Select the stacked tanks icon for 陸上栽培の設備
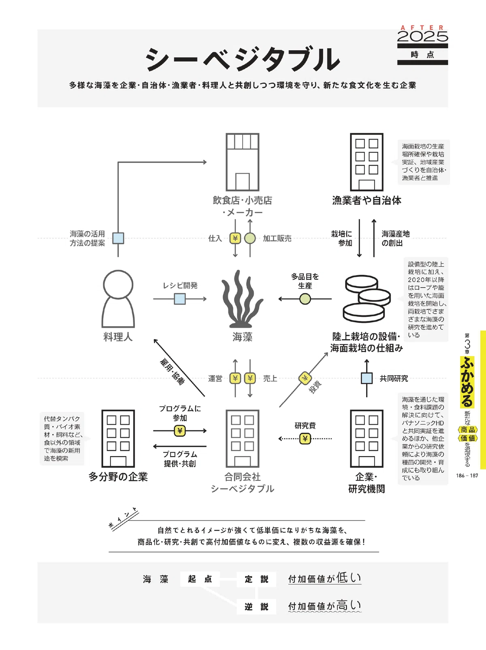click(367, 299)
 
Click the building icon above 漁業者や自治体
click(367, 162)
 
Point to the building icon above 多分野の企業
click(118, 439)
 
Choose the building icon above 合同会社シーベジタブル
click(243, 439)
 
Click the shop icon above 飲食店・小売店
click(243, 162)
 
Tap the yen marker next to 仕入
click(235, 238)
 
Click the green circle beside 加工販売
click(250, 238)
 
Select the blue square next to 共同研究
click(367, 378)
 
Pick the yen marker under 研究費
click(305, 439)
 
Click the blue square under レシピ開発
click(179, 299)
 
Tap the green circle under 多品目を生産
click(305, 299)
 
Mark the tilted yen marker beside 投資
click(305, 378)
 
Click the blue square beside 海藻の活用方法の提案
click(118, 238)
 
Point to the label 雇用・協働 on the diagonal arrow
click(172, 372)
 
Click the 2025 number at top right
click(422, 36)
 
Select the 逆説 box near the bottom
click(256, 606)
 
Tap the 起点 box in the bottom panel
click(200, 579)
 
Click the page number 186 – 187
click(467, 475)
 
